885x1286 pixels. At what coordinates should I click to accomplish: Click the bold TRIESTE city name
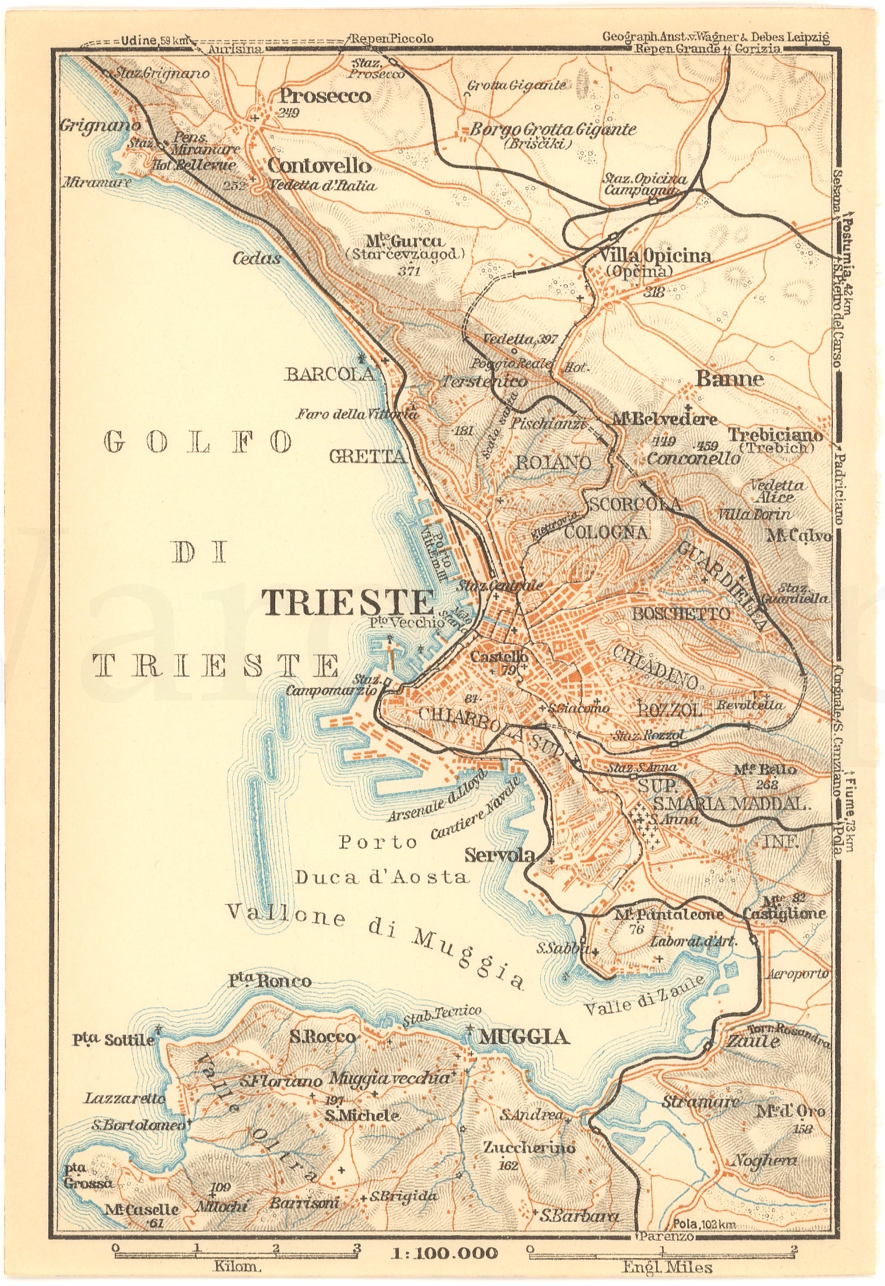point(348,602)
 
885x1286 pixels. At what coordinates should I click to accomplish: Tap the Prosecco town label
point(325,95)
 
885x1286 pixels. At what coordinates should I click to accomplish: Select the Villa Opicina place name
point(655,255)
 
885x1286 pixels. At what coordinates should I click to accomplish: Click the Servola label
point(499,855)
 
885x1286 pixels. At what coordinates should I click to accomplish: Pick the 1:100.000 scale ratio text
point(445,1252)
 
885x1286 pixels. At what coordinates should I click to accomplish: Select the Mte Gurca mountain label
point(405,241)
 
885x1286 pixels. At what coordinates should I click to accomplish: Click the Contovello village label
point(319,166)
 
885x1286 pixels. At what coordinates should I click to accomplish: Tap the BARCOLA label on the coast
point(329,374)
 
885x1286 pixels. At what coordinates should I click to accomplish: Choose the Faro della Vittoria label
point(357,414)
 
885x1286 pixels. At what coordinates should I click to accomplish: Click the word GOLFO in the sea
point(198,443)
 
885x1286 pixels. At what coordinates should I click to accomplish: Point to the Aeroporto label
point(797,973)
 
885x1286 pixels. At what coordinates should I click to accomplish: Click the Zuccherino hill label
point(529,1147)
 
